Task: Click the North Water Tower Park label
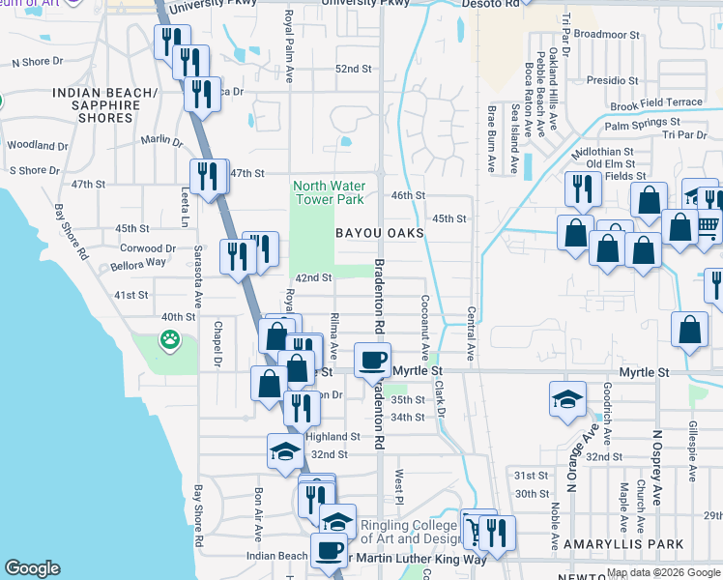(329, 192)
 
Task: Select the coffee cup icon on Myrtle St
(372, 362)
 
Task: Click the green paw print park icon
(170, 339)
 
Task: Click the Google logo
(32, 568)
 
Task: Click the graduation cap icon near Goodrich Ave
(567, 398)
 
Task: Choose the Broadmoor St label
(606, 34)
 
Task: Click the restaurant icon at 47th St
(208, 175)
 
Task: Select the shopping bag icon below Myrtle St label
(269, 383)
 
